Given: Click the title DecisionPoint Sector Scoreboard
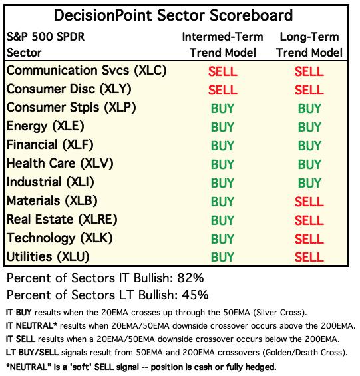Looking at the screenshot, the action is click(173, 15).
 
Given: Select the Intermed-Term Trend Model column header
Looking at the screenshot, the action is click(222, 45).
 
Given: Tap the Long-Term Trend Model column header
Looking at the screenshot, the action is click(309, 45).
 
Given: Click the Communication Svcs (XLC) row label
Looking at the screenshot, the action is click(87, 71).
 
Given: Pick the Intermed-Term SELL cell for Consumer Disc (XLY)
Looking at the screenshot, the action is click(222, 90).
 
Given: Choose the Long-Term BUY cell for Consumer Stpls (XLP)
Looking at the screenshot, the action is click(309, 108).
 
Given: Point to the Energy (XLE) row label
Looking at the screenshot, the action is click(45, 126).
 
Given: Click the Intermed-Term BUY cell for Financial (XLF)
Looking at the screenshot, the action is click(222, 146).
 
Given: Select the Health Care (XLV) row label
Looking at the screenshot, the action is click(60, 164).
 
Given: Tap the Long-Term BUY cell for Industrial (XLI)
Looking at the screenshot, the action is click(309, 183).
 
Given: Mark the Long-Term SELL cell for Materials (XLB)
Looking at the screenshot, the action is click(309, 202).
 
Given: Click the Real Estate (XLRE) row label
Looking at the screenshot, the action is click(62, 220).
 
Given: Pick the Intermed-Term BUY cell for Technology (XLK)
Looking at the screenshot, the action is click(222, 239).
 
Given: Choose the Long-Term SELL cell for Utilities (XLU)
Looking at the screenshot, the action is click(309, 257).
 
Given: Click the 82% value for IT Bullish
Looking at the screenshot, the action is click(190, 278).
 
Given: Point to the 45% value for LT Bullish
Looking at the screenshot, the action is click(195, 295).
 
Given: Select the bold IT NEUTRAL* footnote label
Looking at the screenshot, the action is click(31, 326).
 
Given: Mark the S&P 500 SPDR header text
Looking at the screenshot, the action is click(45, 37).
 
